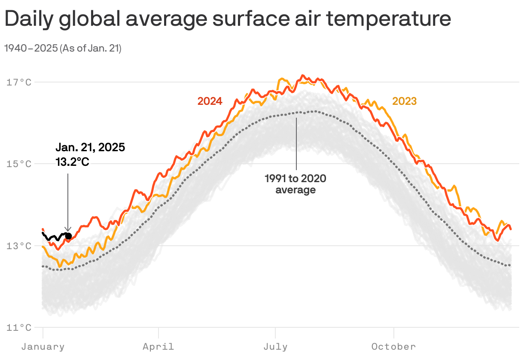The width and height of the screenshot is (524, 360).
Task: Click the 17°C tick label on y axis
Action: (x=19, y=82)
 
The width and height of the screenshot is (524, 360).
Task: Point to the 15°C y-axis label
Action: (x=19, y=164)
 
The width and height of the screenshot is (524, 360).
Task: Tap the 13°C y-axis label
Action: (x=19, y=246)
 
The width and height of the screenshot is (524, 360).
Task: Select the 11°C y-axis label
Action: (x=19, y=328)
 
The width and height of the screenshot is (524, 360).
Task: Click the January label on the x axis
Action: (x=43, y=347)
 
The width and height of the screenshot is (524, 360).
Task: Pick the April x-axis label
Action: (x=158, y=347)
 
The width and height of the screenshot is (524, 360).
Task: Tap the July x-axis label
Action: (x=275, y=347)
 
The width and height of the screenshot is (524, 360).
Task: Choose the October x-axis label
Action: (x=393, y=347)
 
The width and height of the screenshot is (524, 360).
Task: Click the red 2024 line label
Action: (x=210, y=101)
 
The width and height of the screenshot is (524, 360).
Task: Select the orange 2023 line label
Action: (x=404, y=101)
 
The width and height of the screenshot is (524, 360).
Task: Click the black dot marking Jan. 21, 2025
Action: (x=68, y=236)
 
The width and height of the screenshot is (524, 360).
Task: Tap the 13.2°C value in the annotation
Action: (x=72, y=162)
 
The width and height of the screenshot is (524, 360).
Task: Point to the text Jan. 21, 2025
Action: (x=90, y=148)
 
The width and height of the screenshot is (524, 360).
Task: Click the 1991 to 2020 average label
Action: (x=295, y=184)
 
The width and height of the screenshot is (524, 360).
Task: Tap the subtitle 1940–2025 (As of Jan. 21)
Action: (x=63, y=49)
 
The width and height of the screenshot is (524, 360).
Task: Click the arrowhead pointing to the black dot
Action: (x=67, y=230)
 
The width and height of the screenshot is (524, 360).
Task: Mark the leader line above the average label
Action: (x=296, y=142)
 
